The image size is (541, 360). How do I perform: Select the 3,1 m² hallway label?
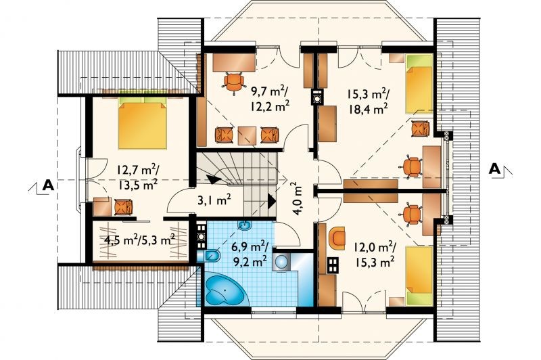coord(214,200)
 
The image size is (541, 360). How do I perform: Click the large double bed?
coord(142,123)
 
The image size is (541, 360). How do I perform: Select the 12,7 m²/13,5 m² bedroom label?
coord(138,177)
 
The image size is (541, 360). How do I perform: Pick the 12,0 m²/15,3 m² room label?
coord(374,255)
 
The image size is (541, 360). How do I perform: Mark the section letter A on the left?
coord(48,185)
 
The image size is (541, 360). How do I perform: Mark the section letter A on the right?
coord(495,169)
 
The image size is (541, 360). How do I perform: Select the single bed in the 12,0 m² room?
coord(419,275)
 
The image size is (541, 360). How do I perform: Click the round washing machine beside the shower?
coord(282,261)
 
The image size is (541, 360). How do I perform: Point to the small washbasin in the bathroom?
coord(245,225)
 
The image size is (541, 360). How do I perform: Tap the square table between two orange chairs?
coord(247,135)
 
